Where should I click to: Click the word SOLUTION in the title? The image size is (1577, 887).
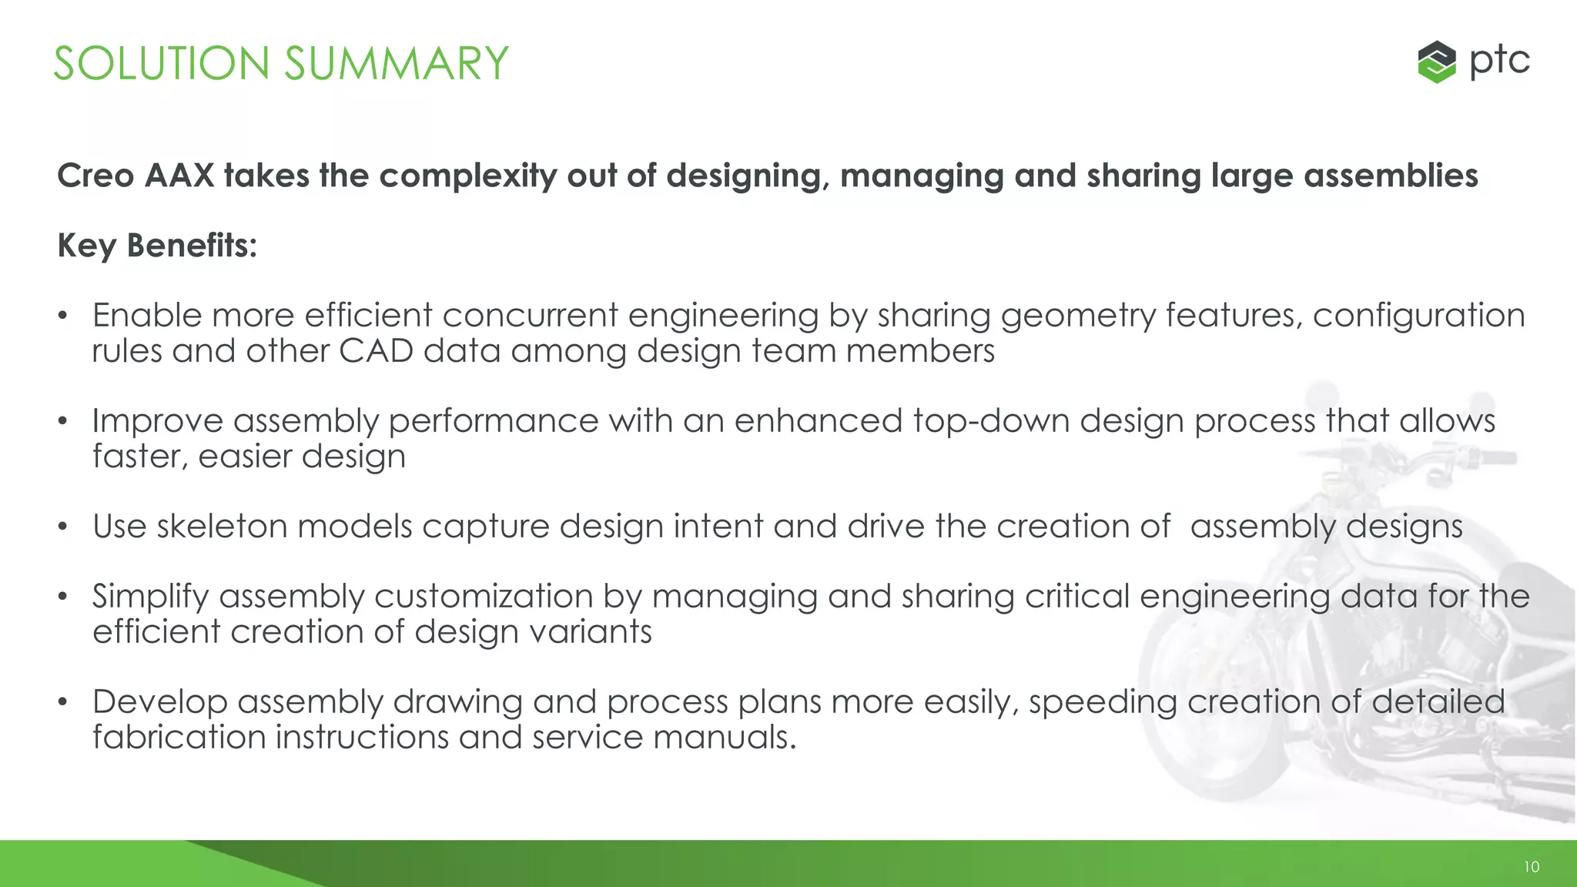tap(161, 63)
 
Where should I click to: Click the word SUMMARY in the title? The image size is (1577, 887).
tap(397, 63)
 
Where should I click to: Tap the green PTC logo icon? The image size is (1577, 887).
tap(1436, 62)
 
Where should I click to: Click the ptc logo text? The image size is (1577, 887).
tap(1499, 60)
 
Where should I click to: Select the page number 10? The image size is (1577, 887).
tap(1531, 867)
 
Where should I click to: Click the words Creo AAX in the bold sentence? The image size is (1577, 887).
tap(136, 176)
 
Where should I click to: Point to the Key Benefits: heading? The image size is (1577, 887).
tap(157, 246)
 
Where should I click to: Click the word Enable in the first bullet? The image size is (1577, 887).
tap(146, 316)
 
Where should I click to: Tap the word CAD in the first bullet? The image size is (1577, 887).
tap(376, 351)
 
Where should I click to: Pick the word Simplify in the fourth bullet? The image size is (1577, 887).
tap(150, 597)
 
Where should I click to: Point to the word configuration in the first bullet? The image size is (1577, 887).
tap(1418, 316)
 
